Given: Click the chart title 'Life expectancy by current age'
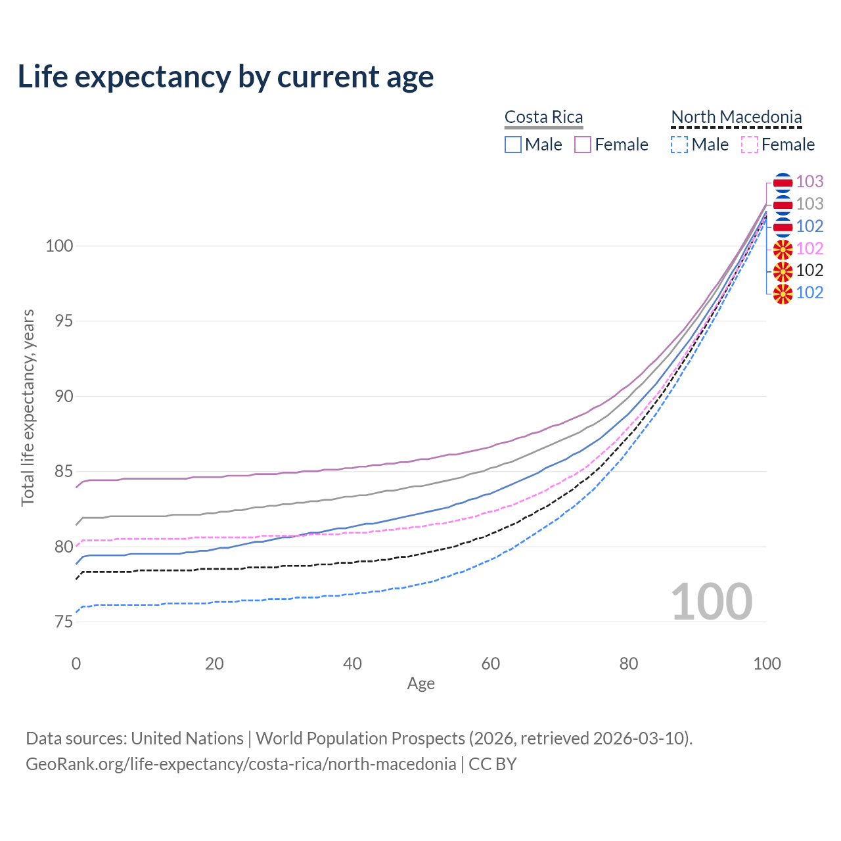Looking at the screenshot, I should tap(225, 77).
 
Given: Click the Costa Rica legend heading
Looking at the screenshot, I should tap(543, 117).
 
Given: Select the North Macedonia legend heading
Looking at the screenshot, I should tap(736, 117).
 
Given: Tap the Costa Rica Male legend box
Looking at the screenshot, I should tap(513, 145).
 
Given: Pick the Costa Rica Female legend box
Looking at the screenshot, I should tap(583, 145).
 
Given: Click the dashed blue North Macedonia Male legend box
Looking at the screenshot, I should tap(679, 145).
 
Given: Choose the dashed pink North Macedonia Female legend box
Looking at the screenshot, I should tap(749, 145).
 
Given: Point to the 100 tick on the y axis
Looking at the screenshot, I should tap(58, 246).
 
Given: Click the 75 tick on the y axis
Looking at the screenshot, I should tap(63, 622).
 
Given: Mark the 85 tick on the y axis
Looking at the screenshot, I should tap(63, 472).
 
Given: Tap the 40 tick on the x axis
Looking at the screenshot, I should tap(352, 664).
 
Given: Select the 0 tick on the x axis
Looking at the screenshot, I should tap(76, 664).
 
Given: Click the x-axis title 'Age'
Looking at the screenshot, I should tap(420, 684).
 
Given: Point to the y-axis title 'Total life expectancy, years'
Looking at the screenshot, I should tap(28, 407).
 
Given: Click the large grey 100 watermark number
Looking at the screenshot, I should tap(712, 602).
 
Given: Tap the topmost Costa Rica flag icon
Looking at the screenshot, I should tap(783, 182).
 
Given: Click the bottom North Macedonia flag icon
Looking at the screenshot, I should tap(783, 293).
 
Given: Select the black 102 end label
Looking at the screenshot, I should tap(809, 271).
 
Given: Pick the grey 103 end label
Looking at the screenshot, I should tap(809, 204).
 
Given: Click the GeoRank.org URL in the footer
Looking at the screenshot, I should tap(240, 764).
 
